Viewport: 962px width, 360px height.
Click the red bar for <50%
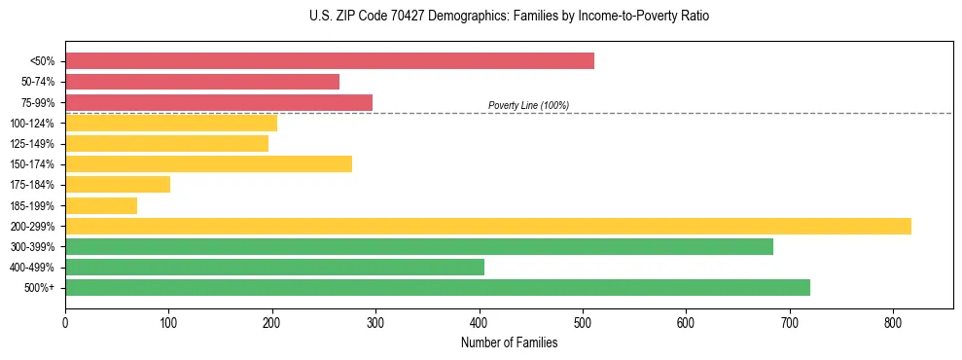point(330,61)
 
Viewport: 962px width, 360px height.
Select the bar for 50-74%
point(202,82)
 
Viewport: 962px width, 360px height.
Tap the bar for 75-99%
point(219,102)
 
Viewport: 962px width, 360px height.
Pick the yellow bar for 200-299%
point(488,226)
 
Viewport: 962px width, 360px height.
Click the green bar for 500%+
point(438,288)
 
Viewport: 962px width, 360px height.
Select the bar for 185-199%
point(101,205)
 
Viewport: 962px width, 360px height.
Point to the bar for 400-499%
point(274,268)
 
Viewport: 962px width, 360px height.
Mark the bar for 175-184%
point(118,185)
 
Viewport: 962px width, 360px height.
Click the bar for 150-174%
point(208,164)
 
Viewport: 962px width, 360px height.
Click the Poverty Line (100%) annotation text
point(528,105)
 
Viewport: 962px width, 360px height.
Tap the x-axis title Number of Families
point(509,342)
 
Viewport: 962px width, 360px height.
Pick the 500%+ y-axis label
point(40,288)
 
